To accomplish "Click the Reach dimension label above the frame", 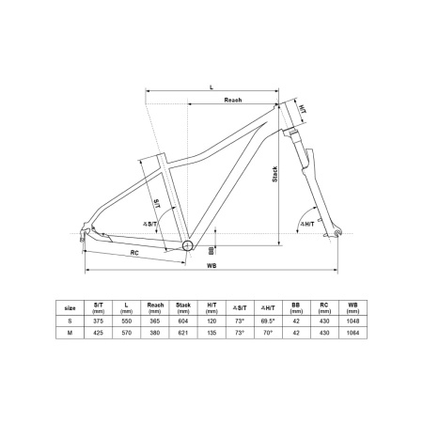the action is pyautogui.click(x=233, y=100).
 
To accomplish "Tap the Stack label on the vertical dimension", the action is pyautogui.click(x=274, y=174).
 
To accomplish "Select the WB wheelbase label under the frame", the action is pyautogui.click(x=211, y=265).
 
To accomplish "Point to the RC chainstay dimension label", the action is pyautogui.click(x=134, y=253).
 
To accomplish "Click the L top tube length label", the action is pyautogui.click(x=211, y=87).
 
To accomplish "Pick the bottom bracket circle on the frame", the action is pyautogui.click(x=187, y=245).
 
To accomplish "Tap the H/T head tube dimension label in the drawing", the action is pyautogui.click(x=302, y=109).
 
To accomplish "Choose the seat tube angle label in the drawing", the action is pyautogui.click(x=149, y=224).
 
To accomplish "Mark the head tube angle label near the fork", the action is pyautogui.click(x=307, y=224).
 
